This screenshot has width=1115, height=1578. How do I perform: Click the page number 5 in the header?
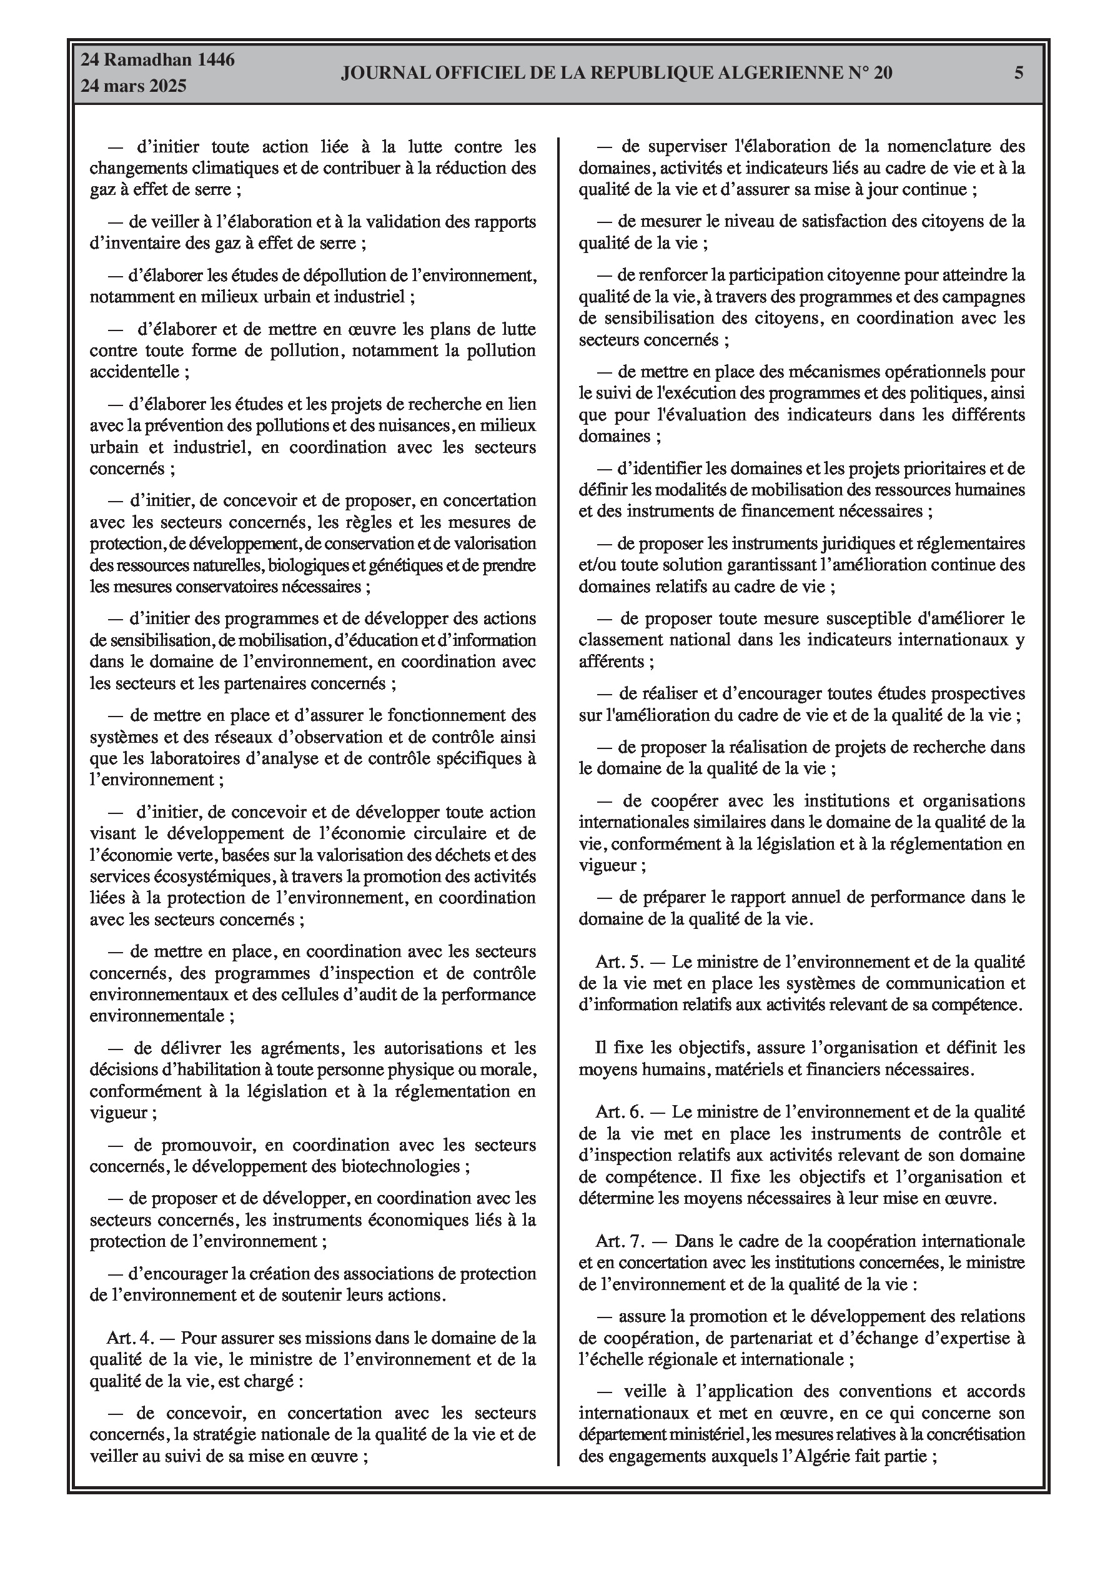coord(1019,73)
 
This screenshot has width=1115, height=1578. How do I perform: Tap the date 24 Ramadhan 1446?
coord(158,60)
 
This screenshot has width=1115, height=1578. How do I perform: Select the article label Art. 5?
coord(618,961)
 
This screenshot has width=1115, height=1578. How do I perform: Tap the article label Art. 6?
coord(618,1111)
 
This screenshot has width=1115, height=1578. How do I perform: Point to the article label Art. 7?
coord(618,1241)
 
